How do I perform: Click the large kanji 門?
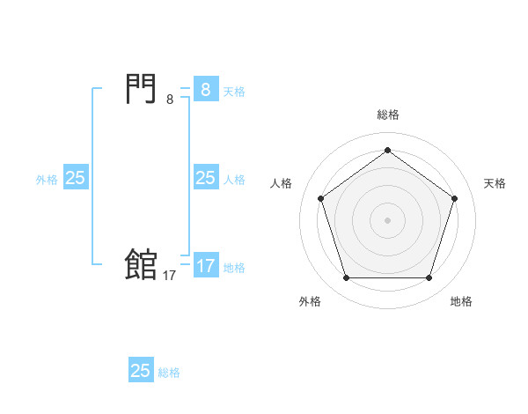142,89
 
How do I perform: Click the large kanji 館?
142,264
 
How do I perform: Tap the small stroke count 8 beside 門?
170,100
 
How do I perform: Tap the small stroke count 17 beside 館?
170,276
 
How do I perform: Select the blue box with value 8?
206,90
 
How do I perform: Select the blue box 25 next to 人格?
206,178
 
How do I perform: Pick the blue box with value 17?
206,266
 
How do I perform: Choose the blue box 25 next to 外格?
76,178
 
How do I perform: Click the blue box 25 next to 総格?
141,371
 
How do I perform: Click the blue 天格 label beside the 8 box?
234,92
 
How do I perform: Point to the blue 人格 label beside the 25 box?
234,180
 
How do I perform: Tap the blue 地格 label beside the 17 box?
234,268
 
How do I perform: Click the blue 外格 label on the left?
47,180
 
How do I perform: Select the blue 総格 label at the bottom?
169,373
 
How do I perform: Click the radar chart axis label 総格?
387,115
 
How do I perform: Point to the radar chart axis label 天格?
495,183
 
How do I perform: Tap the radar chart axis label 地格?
461,301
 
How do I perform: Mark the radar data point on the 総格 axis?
387,151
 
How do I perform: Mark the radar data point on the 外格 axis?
346,278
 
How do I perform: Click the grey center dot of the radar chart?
387,220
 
